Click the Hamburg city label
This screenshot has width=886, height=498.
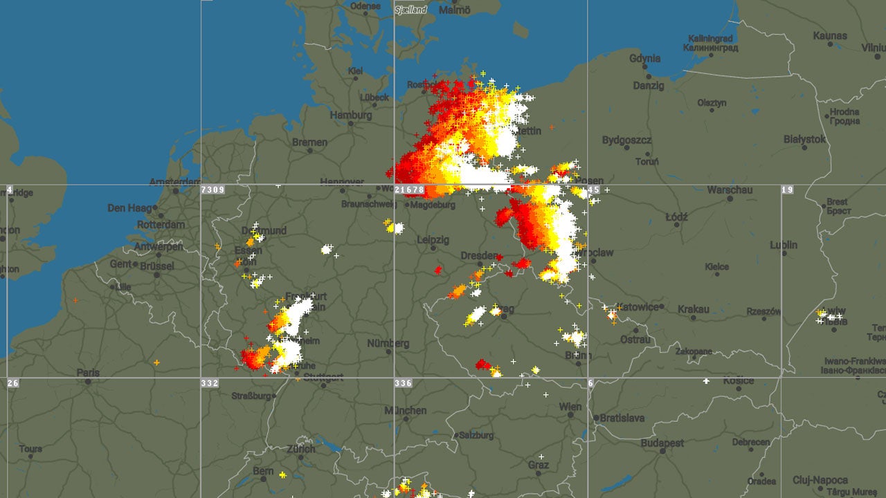click(351, 116)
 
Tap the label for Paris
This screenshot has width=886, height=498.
click(88, 373)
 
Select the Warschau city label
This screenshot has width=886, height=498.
click(730, 190)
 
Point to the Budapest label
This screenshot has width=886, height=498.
click(662, 443)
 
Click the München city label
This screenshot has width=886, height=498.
click(406, 410)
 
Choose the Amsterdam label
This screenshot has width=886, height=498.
click(174, 183)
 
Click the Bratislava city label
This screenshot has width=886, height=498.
click(622, 418)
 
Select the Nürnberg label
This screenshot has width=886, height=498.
click(388, 343)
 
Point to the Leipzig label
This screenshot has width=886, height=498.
click(433, 240)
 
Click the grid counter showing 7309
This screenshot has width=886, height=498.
click(213, 190)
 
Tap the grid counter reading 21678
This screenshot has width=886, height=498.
click(409, 190)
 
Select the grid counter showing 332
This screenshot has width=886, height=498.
click(210, 383)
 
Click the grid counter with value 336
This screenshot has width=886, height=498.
click(404, 383)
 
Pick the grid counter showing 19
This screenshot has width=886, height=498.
click(788, 190)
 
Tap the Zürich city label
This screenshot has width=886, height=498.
click(301, 449)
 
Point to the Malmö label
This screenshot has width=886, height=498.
click(455, 10)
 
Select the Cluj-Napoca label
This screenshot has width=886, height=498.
click(820, 480)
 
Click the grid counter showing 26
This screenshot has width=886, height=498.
click(13, 383)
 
